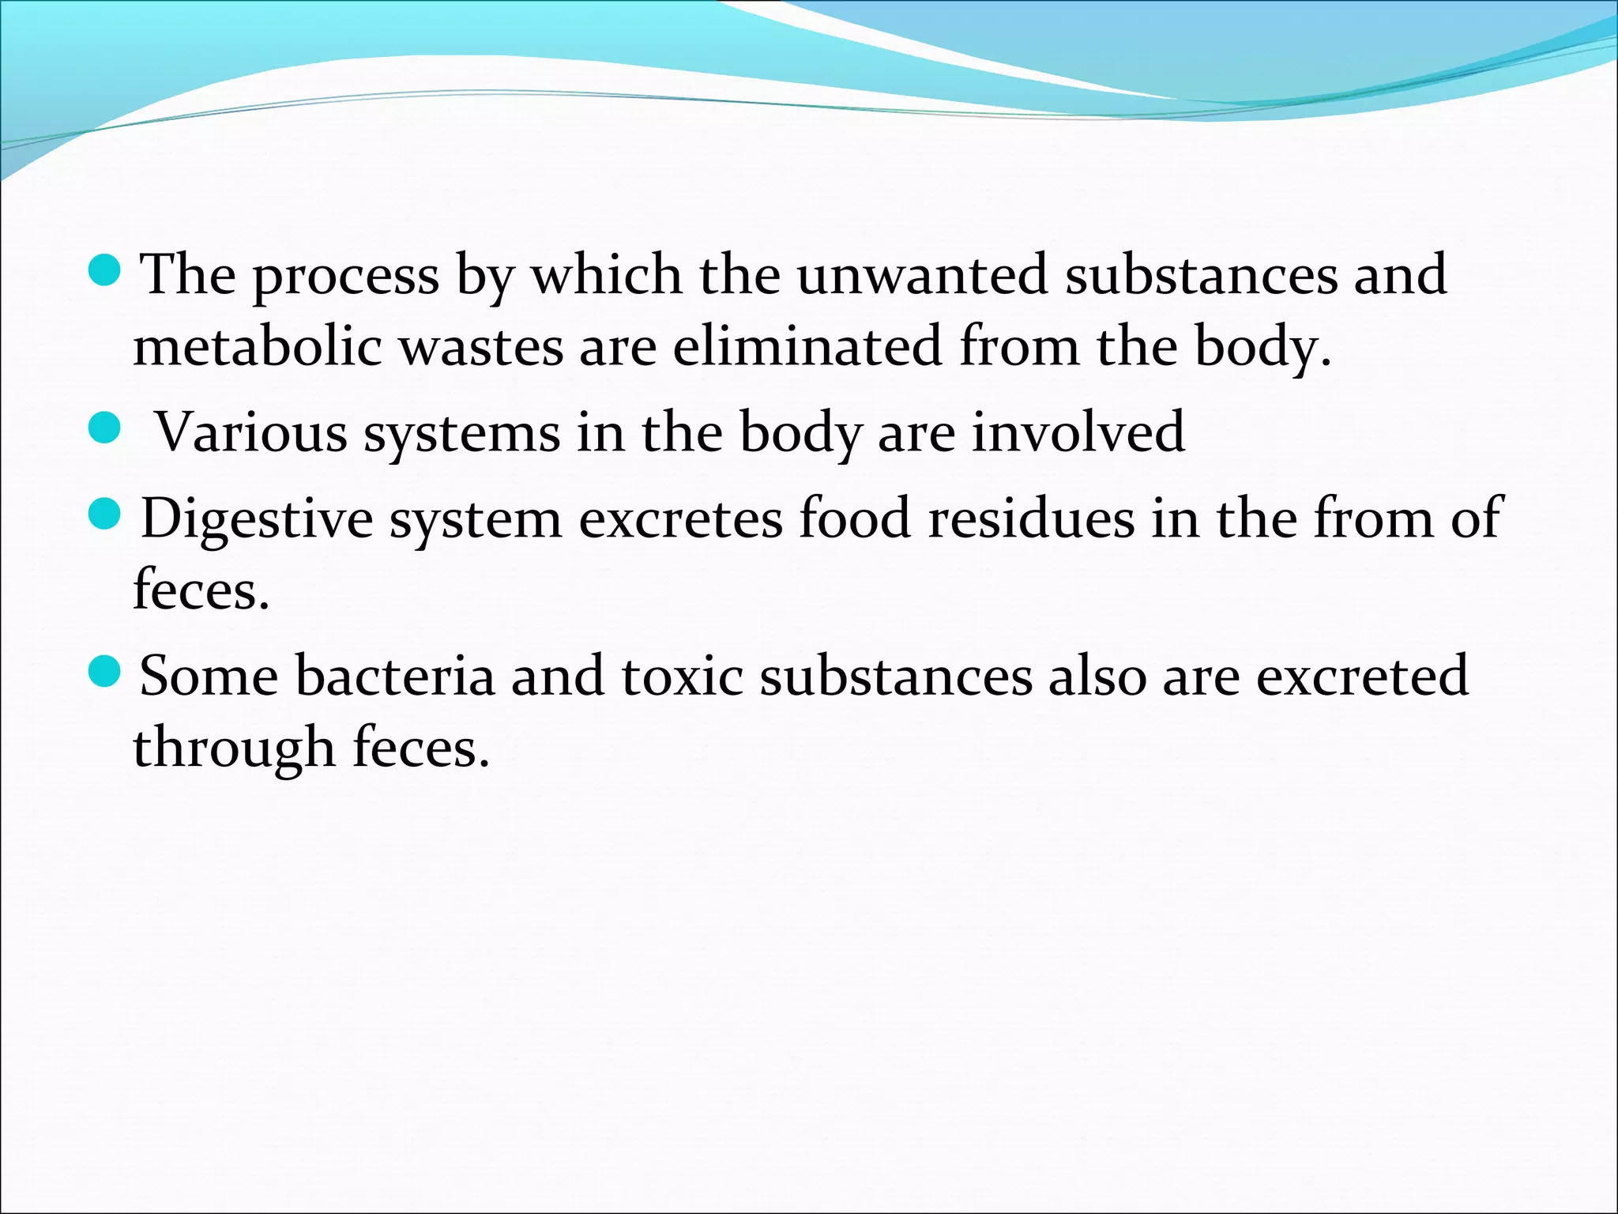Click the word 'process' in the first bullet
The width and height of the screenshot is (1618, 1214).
click(346, 277)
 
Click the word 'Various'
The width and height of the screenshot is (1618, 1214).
click(250, 432)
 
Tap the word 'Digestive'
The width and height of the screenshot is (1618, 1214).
click(257, 520)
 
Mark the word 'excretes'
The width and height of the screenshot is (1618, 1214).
click(680, 518)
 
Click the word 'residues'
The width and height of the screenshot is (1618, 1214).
click(1030, 518)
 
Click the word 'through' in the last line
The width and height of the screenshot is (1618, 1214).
click(234, 748)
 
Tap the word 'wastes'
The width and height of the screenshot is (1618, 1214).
click(481, 347)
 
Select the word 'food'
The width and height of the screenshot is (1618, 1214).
click(855, 518)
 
